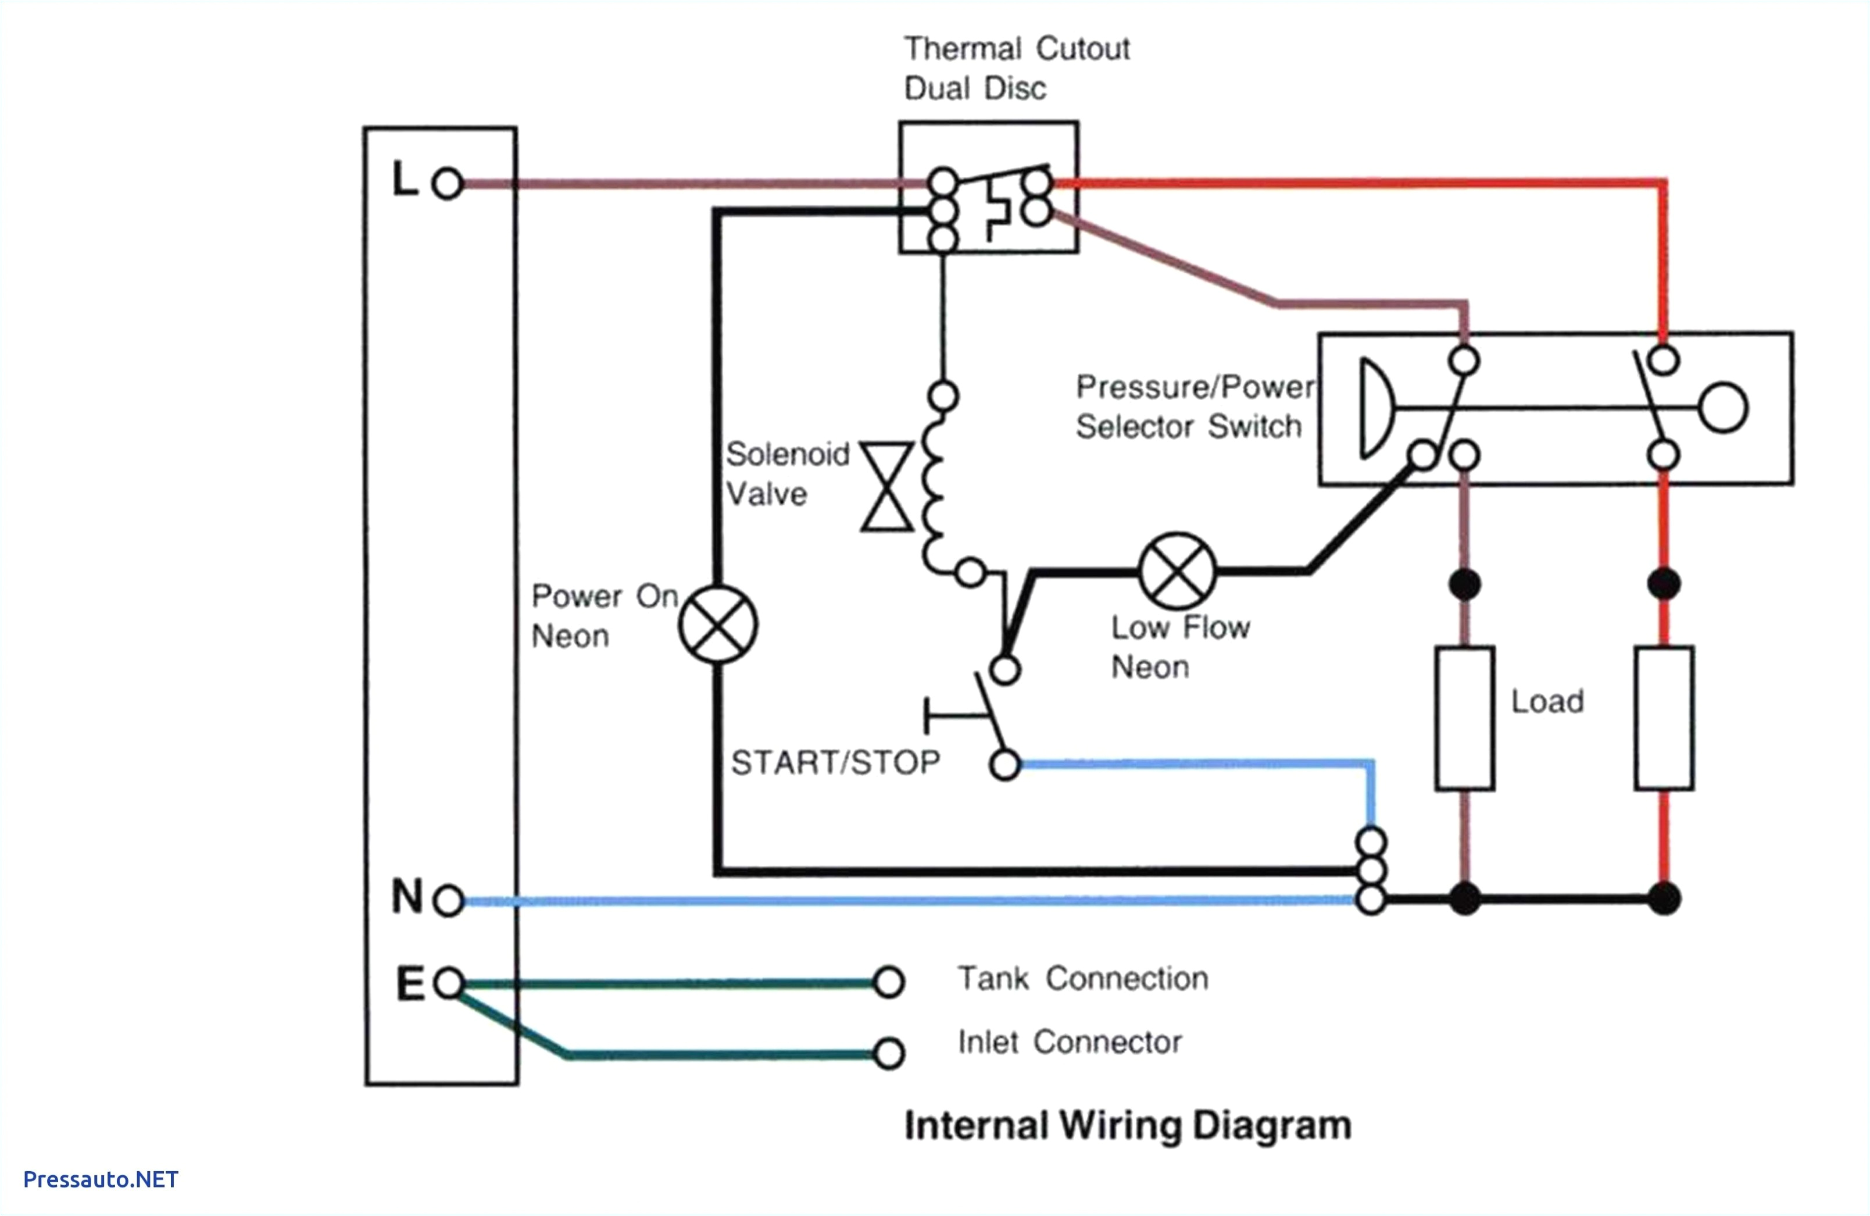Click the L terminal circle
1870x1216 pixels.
pos(447,184)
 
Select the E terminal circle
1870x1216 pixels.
pos(449,983)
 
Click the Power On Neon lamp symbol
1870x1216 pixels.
pos(717,624)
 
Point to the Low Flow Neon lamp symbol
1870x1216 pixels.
pos(1176,570)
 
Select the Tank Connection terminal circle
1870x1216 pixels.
pos(889,982)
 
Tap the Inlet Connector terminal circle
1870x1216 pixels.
pos(889,1053)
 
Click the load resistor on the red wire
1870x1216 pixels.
pos(1664,718)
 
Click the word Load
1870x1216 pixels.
pos(1546,701)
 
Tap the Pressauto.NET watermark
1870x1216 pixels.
pos(101,1179)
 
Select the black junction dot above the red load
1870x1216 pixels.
pos(1664,584)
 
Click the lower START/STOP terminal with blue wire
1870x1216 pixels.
pos(1004,764)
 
